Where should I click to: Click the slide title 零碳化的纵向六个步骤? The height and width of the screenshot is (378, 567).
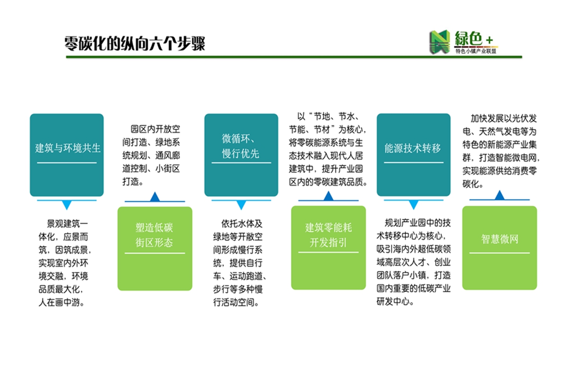click(134, 43)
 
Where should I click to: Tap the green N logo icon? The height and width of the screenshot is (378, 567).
click(440, 42)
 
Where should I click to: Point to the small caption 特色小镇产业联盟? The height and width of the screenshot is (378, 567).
click(476, 51)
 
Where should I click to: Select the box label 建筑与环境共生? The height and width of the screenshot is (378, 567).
click(68, 148)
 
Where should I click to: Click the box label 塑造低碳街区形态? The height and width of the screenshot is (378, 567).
click(154, 235)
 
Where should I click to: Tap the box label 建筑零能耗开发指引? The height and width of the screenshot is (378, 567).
click(328, 235)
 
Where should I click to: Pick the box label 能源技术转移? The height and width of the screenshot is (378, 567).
click(412, 148)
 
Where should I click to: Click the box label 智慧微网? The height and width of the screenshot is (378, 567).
click(500, 239)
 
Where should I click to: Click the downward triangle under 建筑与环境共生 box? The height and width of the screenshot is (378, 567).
click(67, 205)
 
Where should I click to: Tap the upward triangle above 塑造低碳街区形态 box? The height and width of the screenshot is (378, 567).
click(155, 197)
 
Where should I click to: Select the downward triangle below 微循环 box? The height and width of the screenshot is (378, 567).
click(241, 205)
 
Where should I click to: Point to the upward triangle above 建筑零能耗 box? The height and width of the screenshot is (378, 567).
click(328, 196)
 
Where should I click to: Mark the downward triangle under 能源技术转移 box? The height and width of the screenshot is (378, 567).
click(413, 204)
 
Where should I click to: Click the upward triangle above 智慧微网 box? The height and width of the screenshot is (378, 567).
click(500, 195)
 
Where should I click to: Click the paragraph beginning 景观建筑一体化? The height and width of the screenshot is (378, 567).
click(65, 263)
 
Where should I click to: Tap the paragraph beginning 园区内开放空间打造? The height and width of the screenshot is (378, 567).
click(151, 155)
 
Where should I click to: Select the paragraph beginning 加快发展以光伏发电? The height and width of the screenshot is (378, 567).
click(501, 151)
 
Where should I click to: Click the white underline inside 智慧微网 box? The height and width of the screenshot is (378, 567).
click(499, 253)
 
